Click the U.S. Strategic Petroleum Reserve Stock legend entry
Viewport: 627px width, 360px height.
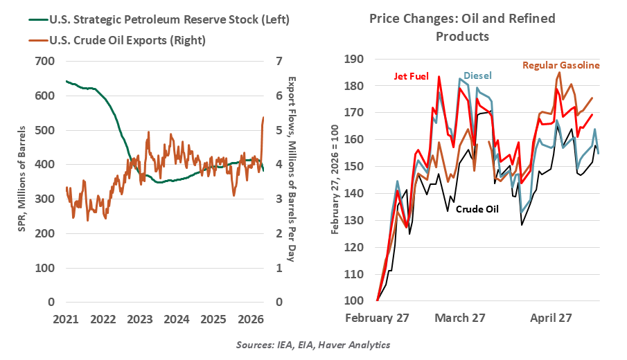tap(159, 19)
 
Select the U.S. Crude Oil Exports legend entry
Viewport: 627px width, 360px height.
tap(117, 40)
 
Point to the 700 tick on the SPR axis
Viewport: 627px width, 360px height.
tap(45, 61)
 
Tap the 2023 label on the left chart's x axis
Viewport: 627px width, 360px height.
tap(139, 319)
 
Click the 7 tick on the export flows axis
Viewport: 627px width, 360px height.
tap(279, 61)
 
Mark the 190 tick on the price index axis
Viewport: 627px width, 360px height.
tap(353, 59)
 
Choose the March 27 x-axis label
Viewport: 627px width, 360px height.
tap(460, 318)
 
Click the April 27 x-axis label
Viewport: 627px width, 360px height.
tap(551, 318)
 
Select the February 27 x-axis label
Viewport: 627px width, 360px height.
tap(377, 318)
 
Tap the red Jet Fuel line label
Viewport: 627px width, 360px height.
tap(411, 76)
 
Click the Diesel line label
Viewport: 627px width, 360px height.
tap(477, 75)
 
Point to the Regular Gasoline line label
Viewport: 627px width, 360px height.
tap(561, 65)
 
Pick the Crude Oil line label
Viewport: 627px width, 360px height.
tap(477, 209)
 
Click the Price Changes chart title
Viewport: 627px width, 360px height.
tap(462, 27)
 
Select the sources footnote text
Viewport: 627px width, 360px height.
tap(313, 344)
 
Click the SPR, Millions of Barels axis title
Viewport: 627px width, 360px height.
tap(21, 179)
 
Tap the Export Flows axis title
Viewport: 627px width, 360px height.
tap(292, 169)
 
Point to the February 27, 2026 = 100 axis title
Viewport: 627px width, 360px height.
tap(335, 180)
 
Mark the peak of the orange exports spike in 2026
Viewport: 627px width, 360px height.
tap(263, 117)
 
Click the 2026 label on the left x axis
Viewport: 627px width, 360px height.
tap(250, 319)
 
